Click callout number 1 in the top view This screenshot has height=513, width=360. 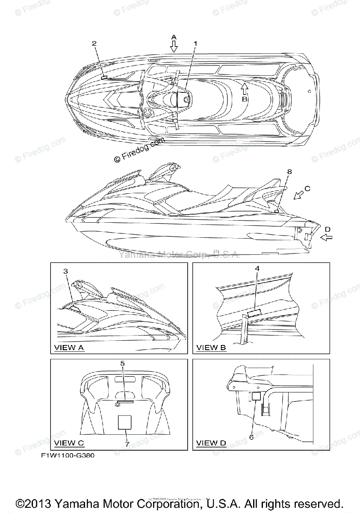196,44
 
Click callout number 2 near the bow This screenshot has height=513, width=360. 94,44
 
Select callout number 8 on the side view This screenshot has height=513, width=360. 289,171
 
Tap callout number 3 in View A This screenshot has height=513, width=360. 65,271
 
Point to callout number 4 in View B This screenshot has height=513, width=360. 257,268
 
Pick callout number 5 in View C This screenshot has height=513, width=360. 122,363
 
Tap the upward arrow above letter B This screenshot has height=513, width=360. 244,88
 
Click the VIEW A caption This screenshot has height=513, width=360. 69,348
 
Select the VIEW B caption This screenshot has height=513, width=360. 211,348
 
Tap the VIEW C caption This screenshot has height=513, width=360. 69,443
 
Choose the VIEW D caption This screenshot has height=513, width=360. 211,443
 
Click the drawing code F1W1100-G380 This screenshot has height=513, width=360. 68,456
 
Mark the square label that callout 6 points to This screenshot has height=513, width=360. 255,396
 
